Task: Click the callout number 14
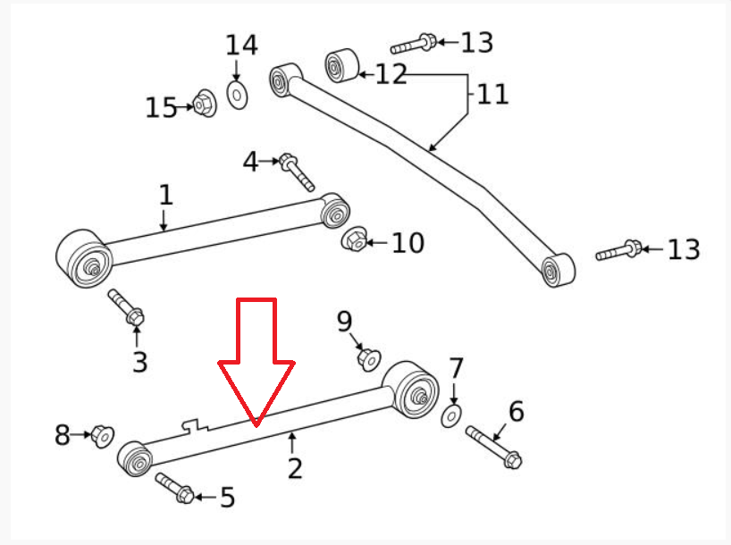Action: [x=241, y=46]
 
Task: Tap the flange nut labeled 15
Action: [x=205, y=103]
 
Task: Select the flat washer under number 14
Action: [x=237, y=95]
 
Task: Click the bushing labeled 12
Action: [x=342, y=65]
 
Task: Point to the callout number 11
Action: [x=492, y=94]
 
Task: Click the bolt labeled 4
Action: [x=296, y=172]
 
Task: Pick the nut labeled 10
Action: [x=354, y=239]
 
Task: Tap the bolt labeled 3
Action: [x=126, y=306]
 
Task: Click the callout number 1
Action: [x=166, y=195]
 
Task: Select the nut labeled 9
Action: [x=369, y=359]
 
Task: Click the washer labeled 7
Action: [x=450, y=416]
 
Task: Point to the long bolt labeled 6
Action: [x=493, y=447]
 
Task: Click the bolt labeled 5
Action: [x=174, y=488]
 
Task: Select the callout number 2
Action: [x=295, y=468]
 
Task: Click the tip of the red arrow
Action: [x=256, y=425]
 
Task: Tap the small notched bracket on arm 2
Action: [x=196, y=424]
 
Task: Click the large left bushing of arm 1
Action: [x=84, y=258]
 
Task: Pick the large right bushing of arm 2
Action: [x=410, y=390]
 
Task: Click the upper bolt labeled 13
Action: [x=413, y=45]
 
